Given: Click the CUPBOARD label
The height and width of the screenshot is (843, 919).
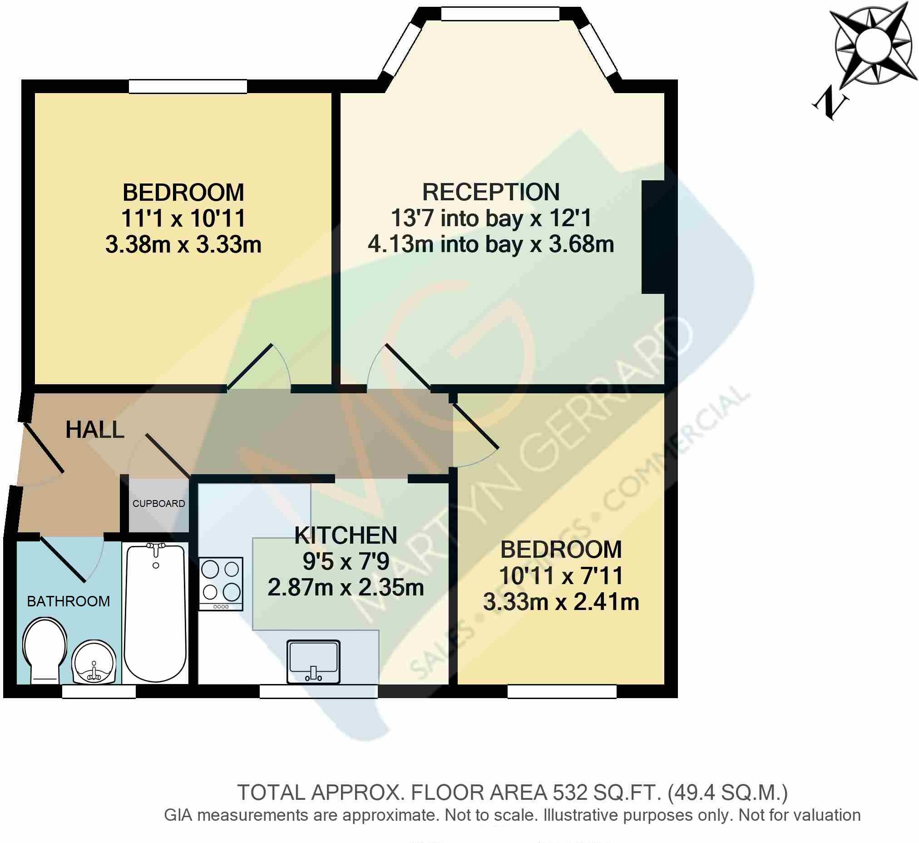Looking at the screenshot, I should coord(159,504).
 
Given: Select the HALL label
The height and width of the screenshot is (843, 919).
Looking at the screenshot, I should coord(95,430).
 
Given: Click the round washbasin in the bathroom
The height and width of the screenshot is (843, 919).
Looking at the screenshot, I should coord(94,663).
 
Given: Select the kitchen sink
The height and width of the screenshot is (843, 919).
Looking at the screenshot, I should coord(313,662).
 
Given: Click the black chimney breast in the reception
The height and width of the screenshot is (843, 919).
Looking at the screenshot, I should coord(652,237).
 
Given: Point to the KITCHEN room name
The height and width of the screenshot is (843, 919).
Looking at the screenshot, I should coord(346,536).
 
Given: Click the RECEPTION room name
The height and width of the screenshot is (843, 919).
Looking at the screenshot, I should coord(491,192).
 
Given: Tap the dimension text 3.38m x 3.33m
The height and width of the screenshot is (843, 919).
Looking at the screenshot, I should coord(183,244).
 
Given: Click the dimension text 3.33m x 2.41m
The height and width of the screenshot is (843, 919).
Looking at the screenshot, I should coord(561,602).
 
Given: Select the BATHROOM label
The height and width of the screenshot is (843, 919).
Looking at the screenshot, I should coord(69,601).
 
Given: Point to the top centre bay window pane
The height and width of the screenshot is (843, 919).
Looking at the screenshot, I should coord(500,14).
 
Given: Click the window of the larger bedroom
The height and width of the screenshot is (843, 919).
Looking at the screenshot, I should coord(188,86).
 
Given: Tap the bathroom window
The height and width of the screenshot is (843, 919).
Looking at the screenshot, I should coord(99,692).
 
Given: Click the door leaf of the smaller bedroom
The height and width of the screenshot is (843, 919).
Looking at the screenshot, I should coord(475,426).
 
